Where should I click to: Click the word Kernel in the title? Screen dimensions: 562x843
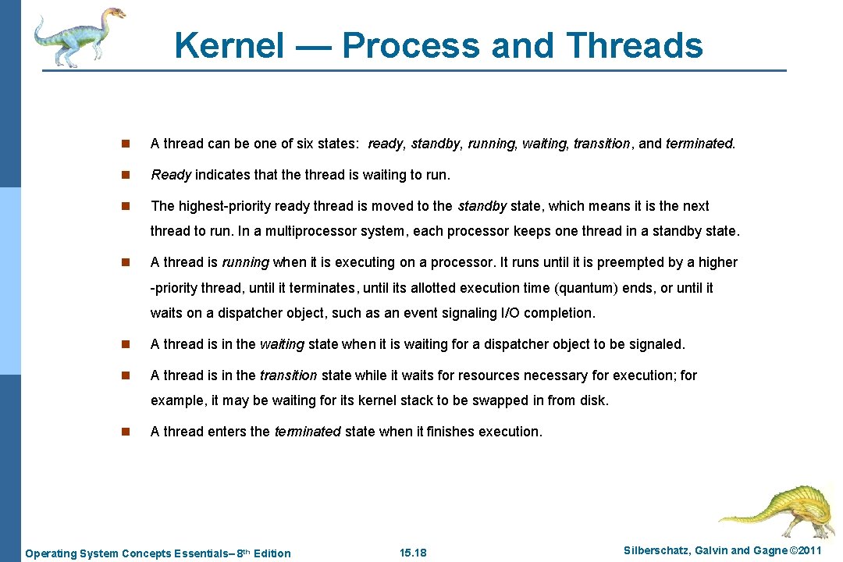[x=230, y=45]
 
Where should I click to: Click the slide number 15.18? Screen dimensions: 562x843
[x=413, y=553]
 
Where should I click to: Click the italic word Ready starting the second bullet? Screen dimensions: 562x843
[x=170, y=175]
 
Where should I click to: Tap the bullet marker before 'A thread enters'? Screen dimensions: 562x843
[x=125, y=432]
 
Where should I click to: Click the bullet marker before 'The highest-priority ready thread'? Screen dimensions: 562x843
[x=125, y=206]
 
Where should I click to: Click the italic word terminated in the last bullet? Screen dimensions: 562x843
[x=308, y=432]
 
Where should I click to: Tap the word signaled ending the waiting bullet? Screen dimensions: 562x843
[x=657, y=344]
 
